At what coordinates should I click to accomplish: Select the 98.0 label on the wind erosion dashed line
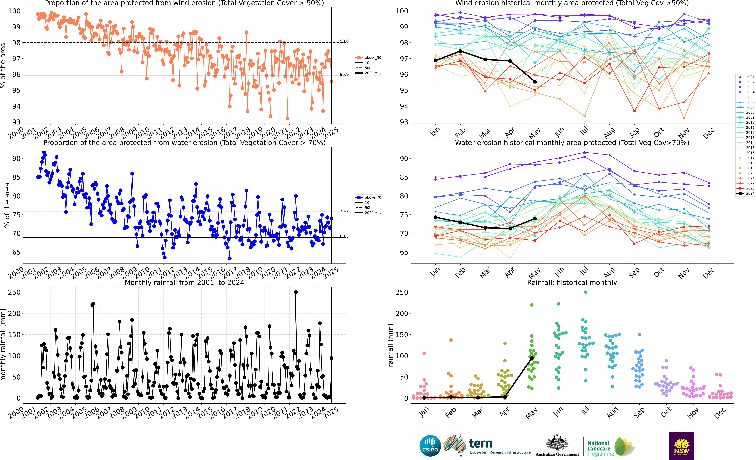point(344,41)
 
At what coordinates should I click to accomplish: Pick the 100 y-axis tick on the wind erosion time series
point(14,11)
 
